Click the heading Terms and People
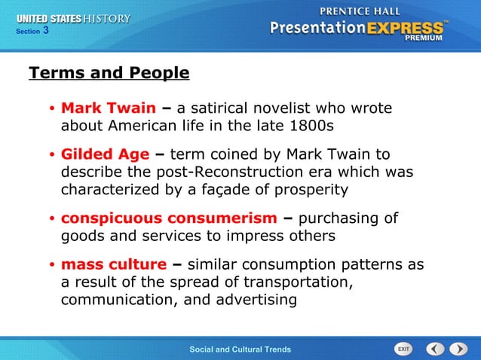[x=109, y=73]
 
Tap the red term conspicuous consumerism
[x=169, y=218]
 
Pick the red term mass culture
[x=113, y=264]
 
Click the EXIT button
[x=403, y=349]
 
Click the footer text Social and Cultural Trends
[x=240, y=349]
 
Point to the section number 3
[x=46, y=31]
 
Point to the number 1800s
[x=310, y=124]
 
